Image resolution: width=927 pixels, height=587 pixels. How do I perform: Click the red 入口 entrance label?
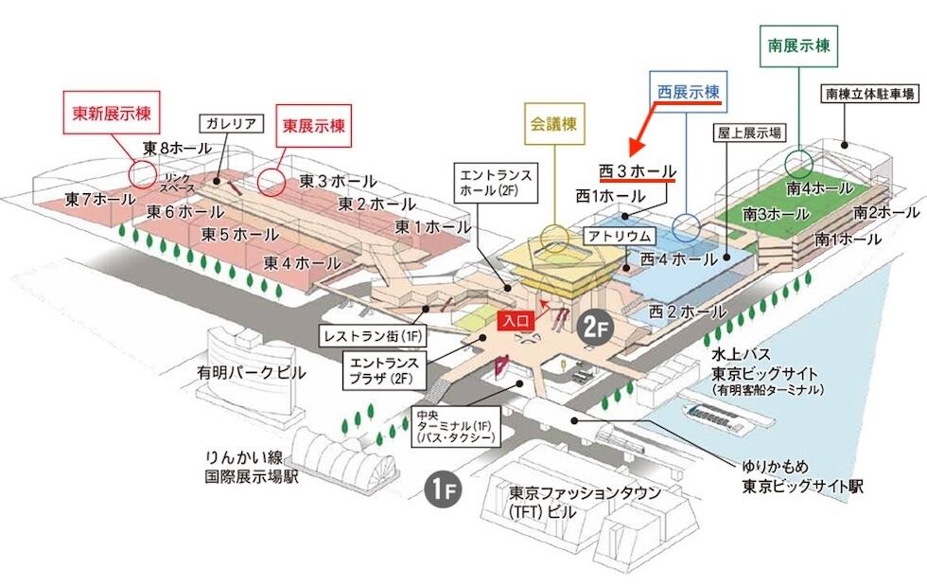tap(516, 321)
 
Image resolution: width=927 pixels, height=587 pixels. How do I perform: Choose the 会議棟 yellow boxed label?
tap(553, 122)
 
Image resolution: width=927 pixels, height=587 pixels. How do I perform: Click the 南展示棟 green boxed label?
tap(799, 44)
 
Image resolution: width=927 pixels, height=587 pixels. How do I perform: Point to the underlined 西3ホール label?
tap(637, 171)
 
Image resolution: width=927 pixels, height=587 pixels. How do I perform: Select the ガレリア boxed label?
tap(227, 123)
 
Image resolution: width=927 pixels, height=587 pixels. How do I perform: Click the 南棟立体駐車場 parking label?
tap(868, 94)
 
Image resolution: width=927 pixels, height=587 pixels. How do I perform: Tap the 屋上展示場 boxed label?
tap(747, 133)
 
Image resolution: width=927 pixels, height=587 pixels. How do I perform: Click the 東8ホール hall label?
tap(178, 148)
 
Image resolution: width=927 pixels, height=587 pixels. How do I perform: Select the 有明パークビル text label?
tap(251, 373)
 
